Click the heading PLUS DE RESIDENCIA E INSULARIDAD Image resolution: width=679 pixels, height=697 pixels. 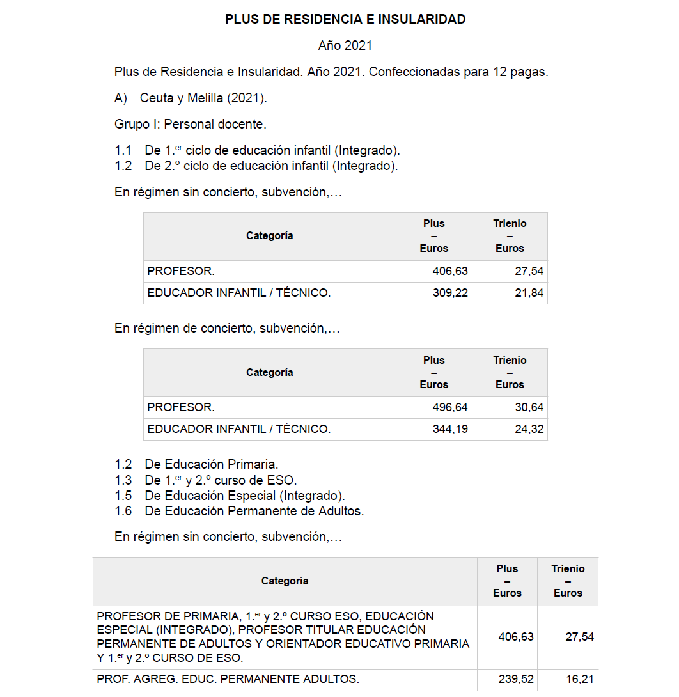pyautogui.click(x=345, y=20)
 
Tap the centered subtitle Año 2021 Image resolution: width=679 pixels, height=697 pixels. pyautogui.click(x=345, y=46)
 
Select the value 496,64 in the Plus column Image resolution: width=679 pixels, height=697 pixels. pyautogui.click(x=450, y=407)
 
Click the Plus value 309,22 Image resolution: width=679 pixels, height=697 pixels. pyautogui.click(x=450, y=293)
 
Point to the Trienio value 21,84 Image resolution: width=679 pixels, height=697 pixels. pyautogui.click(x=529, y=293)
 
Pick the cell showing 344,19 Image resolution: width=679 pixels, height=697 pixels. pyautogui.click(x=450, y=429)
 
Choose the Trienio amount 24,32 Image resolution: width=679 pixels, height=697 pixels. pyautogui.click(x=529, y=429)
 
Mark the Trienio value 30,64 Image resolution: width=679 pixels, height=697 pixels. pyautogui.click(x=529, y=407)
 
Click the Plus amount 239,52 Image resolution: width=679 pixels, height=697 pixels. pyautogui.click(x=516, y=679)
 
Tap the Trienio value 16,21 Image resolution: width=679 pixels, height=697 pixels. pyautogui.click(x=579, y=679)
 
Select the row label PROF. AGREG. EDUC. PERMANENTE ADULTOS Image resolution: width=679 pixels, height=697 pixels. pyautogui.click(x=228, y=679)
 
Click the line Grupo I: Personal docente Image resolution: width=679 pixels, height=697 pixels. pyautogui.click(x=190, y=124)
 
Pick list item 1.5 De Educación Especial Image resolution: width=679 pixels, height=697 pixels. pyautogui.click(x=244, y=496)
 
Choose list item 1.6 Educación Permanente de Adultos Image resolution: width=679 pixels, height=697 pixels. pyautogui.click(x=254, y=511)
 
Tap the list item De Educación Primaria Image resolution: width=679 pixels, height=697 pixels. pyautogui.click(x=211, y=464)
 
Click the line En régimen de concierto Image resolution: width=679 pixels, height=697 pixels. pyautogui.click(x=227, y=328)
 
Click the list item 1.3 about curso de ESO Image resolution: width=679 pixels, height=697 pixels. pyautogui.click(x=221, y=480)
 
